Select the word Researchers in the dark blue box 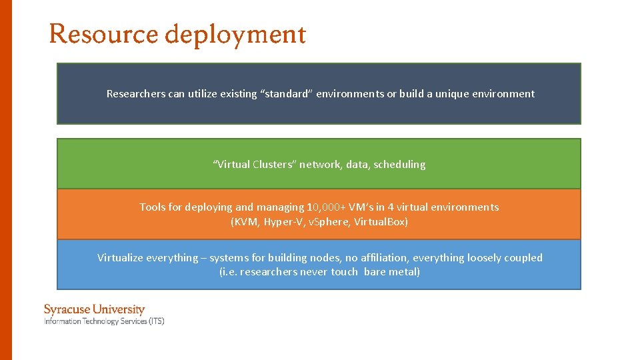click(135, 94)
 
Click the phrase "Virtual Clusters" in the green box click(254, 165)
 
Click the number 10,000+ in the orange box click(326, 207)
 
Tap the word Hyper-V click(283, 222)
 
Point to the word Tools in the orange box click(152, 207)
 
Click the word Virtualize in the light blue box click(120, 258)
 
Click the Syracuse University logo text click(94, 309)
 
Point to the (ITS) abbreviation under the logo click(156, 321)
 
